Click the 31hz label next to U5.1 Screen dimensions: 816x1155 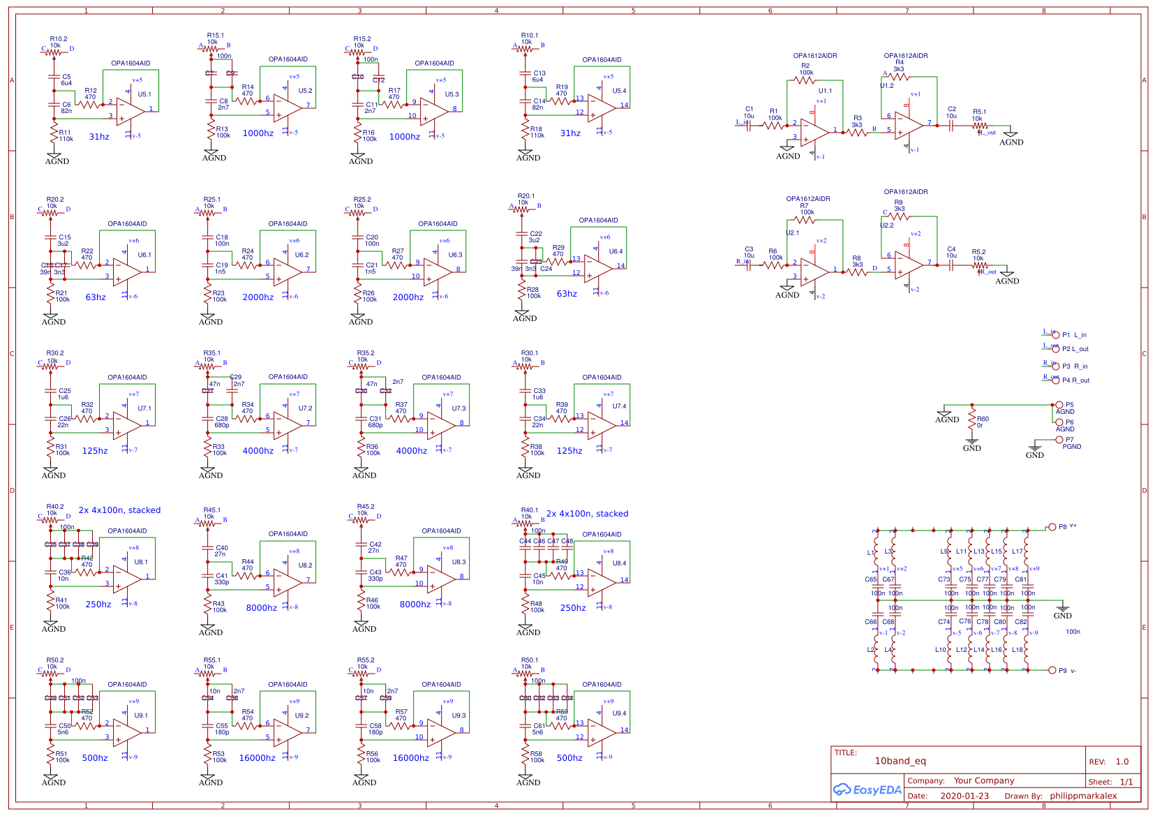coord(99,137)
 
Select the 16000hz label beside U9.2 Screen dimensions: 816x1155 coord(257,758)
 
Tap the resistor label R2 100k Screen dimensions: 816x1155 coord(806,69)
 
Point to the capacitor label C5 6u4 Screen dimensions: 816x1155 coord(66,80)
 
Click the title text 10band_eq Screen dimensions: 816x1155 coord(900,761)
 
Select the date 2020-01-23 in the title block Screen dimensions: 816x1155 coord(964,796)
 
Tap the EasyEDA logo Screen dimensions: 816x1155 coord(867,790)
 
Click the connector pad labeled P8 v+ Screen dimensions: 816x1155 coord(1052,527)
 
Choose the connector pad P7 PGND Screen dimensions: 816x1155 coord(1059,440)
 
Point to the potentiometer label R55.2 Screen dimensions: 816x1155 coord(366,660)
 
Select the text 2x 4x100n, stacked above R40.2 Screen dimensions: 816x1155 coord(119,510)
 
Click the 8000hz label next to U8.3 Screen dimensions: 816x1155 coord(415,604)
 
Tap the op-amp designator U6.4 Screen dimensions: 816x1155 coord(616,251)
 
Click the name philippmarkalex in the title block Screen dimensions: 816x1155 coord(1083,796)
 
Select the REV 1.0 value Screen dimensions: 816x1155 coord(1122,762)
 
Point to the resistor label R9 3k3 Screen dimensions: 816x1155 coord(899,206)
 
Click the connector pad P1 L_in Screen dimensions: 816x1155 coord(1056,335)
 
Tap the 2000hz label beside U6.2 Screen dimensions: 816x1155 coord(258,297)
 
